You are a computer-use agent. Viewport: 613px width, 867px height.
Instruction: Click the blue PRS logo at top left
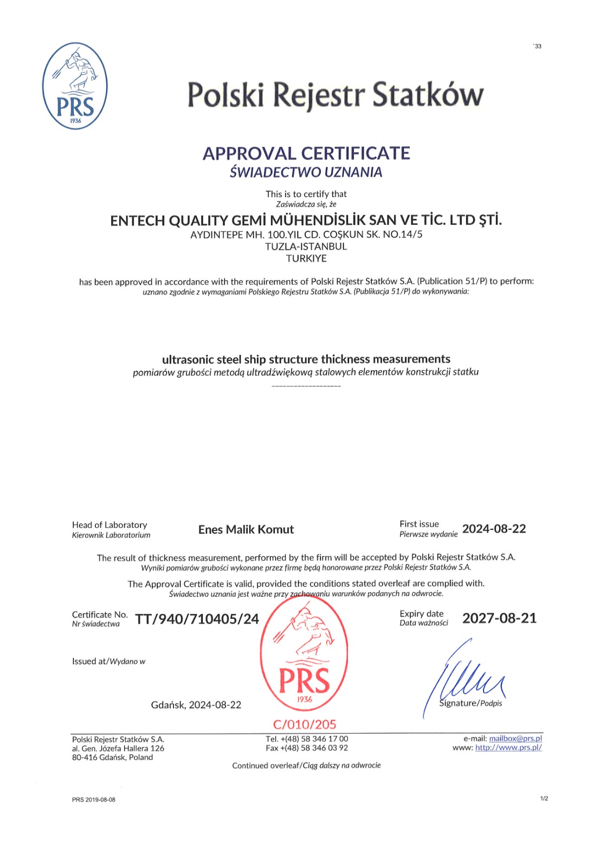pyautogui.click(x=75, y=86)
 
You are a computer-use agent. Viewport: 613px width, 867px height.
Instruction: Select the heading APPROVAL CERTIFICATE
pyautogui.click(x=306, y=153)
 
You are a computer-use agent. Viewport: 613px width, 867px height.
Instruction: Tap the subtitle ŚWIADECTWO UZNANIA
pyautogui.click(x=306, y=172)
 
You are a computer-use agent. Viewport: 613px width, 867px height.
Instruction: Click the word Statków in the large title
pyautogui.click(x=428, y=95)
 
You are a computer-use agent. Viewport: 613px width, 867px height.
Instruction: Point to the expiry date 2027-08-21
pyautogui.click(x=499, y=618)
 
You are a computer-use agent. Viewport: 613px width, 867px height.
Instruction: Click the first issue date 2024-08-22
pyautogui.click(x=494, y=529)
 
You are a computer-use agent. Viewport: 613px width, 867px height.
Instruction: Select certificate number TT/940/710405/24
pyautogui.click(x=197, y=619)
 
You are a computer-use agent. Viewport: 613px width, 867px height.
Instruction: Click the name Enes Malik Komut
pyautogui.click(x=246, y=529)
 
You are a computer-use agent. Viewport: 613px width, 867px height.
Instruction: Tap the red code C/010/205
pyautogui.click(x=305, y=724)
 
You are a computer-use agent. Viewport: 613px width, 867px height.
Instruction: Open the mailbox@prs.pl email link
pyautogui.click(x=515, y=739)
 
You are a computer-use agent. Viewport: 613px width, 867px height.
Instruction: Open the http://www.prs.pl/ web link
pyautogui.click(x=508, y=748)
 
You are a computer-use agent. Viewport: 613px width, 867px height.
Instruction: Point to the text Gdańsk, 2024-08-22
pyautogui.click(x=196, y=705)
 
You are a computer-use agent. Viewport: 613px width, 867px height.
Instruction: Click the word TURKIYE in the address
pyautogui.click(x=306, y=258)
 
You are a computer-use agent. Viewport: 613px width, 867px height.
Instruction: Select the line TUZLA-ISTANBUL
pyautogui.click(x=306, y=247)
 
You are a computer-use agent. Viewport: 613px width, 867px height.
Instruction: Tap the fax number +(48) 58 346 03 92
pyautogui.click(x=314, y=748)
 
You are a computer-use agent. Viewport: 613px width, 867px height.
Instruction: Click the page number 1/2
pyautogui.click(x=544, y=798)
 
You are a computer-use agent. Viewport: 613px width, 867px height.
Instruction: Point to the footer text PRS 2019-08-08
pyautogui.click(x=94, y=800)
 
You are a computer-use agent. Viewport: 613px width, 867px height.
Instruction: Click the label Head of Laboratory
pyautogui.click(x=109, y=525)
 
